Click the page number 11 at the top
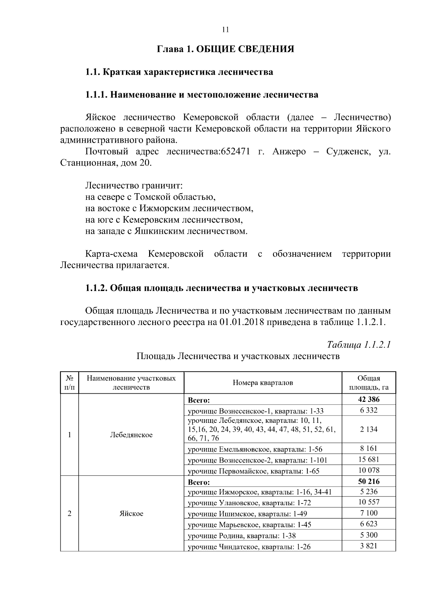tap(226, 30)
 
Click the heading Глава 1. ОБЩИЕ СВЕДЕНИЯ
tap(225, 49)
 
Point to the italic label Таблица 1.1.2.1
tap(359, 345)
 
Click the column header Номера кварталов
tap(263, 383)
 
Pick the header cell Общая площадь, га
tap(368, 383)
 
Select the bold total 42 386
tap(369, 399)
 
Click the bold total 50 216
tap(369, 481)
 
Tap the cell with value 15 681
tap(369, 459)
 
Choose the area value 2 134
tap(369, 429)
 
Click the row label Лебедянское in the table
tap(131, 435)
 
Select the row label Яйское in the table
tap(131, 513)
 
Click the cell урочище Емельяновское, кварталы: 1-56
tap(255, 449)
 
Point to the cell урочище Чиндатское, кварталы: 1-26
tap(249, 547)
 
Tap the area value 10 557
tap(369, 502)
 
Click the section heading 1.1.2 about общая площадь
tap(222, 288)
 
